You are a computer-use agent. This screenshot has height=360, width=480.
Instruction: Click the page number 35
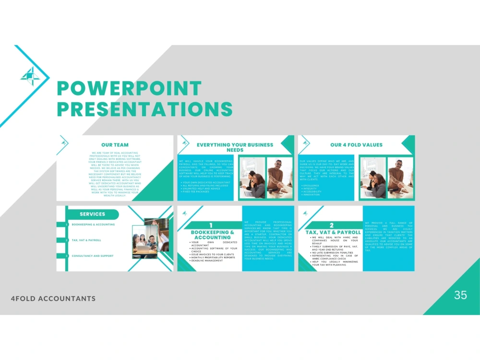click(460, 295)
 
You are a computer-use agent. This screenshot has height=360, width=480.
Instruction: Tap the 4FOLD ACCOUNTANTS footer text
click(53, 299)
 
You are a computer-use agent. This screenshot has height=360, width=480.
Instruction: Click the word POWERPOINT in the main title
click(129, 89)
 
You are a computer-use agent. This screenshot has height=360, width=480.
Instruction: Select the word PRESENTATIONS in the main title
click(144, 109)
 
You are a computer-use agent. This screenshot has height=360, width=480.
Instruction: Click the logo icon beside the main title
click(30, 76)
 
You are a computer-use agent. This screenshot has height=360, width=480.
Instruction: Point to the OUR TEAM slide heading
click(115, 144)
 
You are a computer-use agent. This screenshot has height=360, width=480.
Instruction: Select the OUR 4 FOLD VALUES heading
click(356, 144)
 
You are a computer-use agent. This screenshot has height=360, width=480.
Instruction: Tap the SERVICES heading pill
click(92, 214)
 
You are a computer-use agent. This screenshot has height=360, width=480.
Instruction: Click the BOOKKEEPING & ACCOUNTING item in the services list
click(93, 225)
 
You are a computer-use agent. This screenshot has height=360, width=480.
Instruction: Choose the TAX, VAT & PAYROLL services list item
click(86, 240)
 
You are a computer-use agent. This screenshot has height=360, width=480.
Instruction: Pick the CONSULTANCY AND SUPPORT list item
click(93, 256)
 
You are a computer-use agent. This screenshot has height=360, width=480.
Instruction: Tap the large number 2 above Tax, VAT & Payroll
click(331, 225)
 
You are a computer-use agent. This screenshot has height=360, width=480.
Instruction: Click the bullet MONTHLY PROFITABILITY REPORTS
click(213, 258)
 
